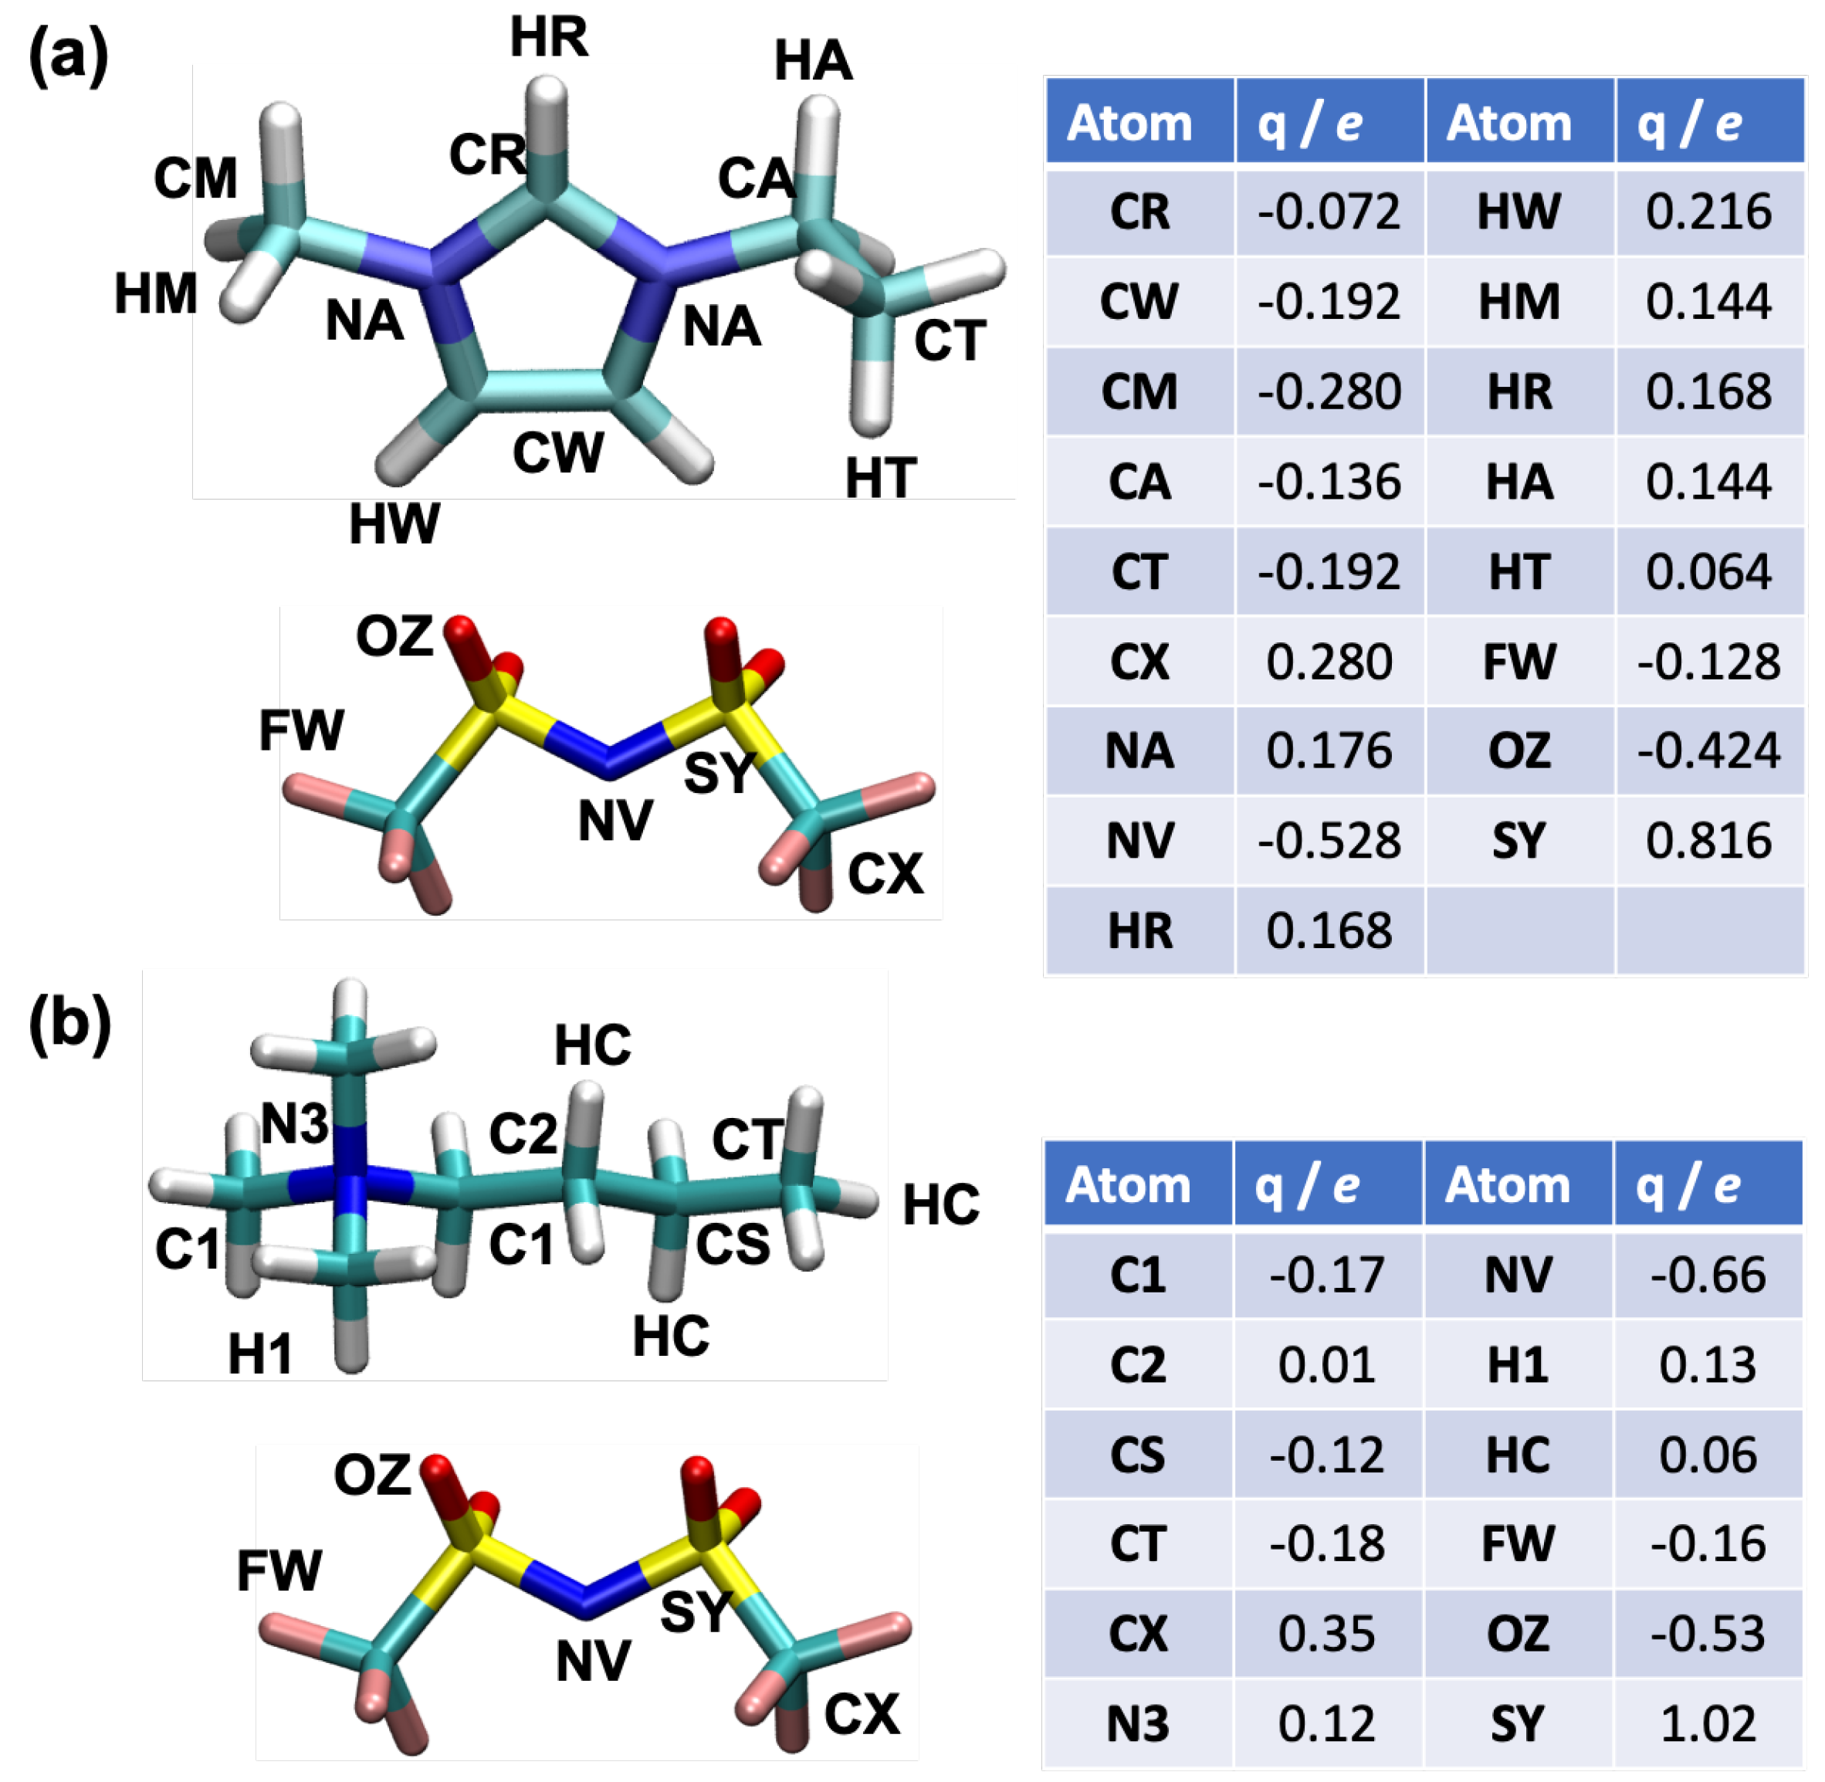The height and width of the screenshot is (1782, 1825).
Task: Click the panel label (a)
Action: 68,56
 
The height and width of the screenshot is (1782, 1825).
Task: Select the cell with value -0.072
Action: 1329,212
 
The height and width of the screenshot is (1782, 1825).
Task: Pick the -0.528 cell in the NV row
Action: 1329,841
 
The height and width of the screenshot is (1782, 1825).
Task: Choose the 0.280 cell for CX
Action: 1329,662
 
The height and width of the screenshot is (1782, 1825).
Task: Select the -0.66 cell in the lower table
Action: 1708,1275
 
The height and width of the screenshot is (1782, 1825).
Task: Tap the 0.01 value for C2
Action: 1327,1364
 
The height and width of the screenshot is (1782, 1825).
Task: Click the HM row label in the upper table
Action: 1519,301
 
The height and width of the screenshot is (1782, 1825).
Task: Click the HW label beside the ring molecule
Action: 394,524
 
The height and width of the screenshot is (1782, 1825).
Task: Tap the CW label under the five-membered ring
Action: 558,453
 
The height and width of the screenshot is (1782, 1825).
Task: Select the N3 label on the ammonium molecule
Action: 295,1124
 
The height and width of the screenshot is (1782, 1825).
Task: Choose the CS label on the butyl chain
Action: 733,1245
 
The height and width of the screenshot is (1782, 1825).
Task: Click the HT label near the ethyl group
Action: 881,478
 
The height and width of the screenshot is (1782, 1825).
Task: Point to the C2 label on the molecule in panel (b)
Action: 523,1134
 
